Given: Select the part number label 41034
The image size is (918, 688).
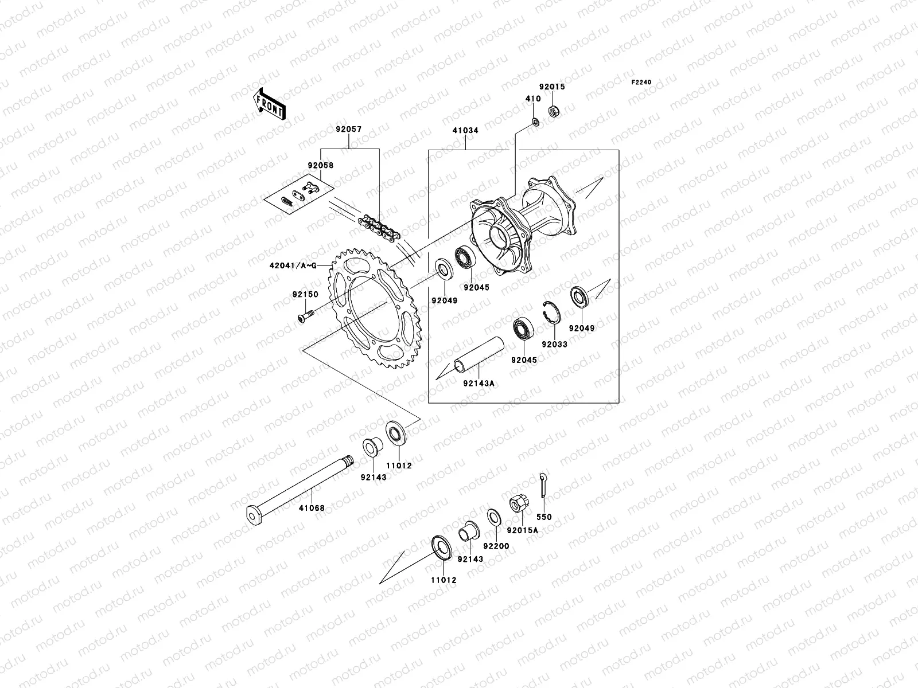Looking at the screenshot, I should tap(465, 131).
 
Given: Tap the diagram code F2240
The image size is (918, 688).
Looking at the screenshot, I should tap(641, 83).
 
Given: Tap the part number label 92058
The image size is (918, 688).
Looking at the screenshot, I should tap(320, 165).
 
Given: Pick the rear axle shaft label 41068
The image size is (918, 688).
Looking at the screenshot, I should tap(312, 508).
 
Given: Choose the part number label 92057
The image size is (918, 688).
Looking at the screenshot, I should tap(349, 131).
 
